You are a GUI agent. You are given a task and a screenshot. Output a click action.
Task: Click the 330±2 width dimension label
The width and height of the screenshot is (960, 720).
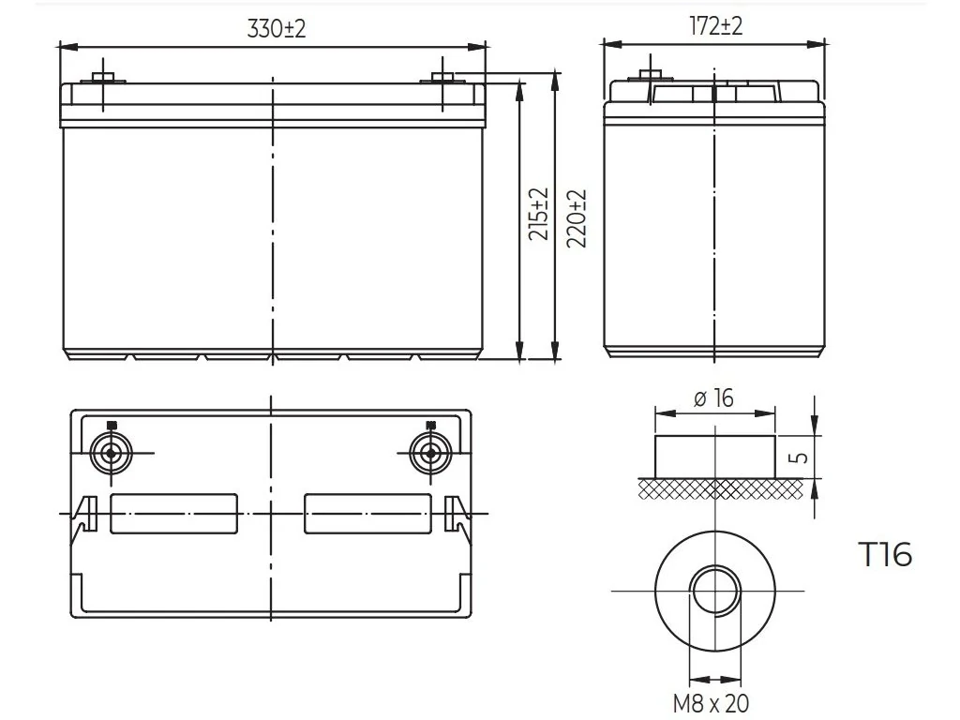(277, 29)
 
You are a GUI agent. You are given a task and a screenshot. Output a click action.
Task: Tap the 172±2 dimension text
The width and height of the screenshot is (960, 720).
(715, 26)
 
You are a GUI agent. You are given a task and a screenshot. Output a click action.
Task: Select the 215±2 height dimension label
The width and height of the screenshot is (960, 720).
(539, 214)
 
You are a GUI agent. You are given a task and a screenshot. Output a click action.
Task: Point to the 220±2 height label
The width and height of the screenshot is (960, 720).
(577, 218)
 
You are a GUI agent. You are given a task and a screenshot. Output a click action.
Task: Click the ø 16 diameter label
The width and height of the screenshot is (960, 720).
(713, 397)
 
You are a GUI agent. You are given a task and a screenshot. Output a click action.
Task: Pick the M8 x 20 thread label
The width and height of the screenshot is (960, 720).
(711, 703)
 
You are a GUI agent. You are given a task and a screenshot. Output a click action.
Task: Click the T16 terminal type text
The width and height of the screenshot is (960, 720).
(886, 554)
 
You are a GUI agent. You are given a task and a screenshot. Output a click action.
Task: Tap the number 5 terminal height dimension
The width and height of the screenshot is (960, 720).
(801, 457)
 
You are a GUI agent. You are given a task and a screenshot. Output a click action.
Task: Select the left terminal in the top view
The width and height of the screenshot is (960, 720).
(111, 453)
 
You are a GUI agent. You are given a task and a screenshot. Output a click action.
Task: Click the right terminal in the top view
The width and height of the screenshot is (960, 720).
(430, 453)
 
